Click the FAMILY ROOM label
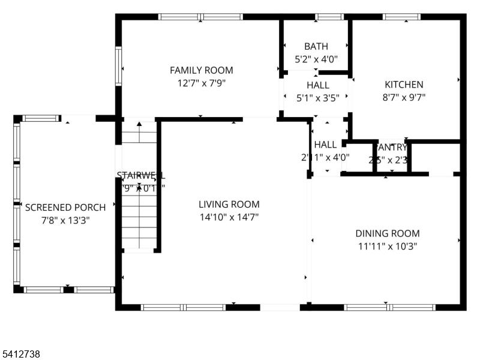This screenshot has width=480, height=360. tap(201, 70)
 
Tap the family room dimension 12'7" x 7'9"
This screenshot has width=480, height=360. tap(201, 84)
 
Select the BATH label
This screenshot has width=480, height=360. tap(316, 46)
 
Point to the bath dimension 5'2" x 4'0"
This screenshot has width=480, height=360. tap(316, 59)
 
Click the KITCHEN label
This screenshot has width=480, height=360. tap(404, 85)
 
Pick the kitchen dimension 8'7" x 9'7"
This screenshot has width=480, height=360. tap(404, 98)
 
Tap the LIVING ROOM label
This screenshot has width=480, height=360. tap(229, 204)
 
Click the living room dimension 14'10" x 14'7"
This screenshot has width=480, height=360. tap(229, 217)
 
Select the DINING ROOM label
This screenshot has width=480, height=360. tap(387, 233)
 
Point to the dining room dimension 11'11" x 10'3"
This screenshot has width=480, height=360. tap(387, 247)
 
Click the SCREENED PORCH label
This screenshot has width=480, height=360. tap(65, 208)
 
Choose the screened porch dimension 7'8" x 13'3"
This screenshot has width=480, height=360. tap(65, 220)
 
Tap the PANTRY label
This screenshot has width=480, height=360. tap(391, 148)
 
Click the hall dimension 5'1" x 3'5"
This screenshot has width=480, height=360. tap(317, 98)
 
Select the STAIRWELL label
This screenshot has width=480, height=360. tap(140, 176)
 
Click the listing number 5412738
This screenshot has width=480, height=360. tap(21, 355)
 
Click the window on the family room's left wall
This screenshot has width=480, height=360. tap(119, 67)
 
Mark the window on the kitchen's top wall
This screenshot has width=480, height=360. tap(402, 17)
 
